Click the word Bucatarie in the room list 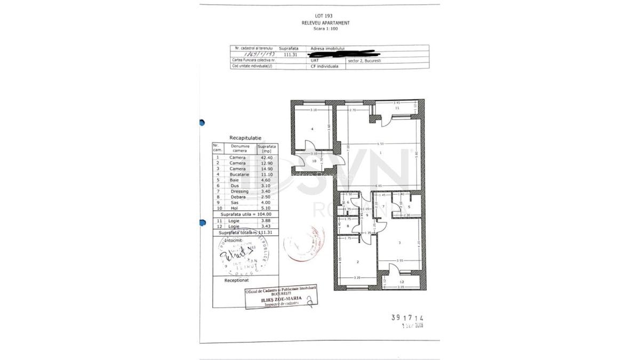click(x=238, y=174)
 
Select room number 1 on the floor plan click(x=381, y=153)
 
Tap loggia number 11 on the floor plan click(x=397, y=108)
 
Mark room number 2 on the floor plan click(x=357, y=261)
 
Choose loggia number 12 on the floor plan click(x=402, y=282)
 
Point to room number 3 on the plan click(x=399, y=243)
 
